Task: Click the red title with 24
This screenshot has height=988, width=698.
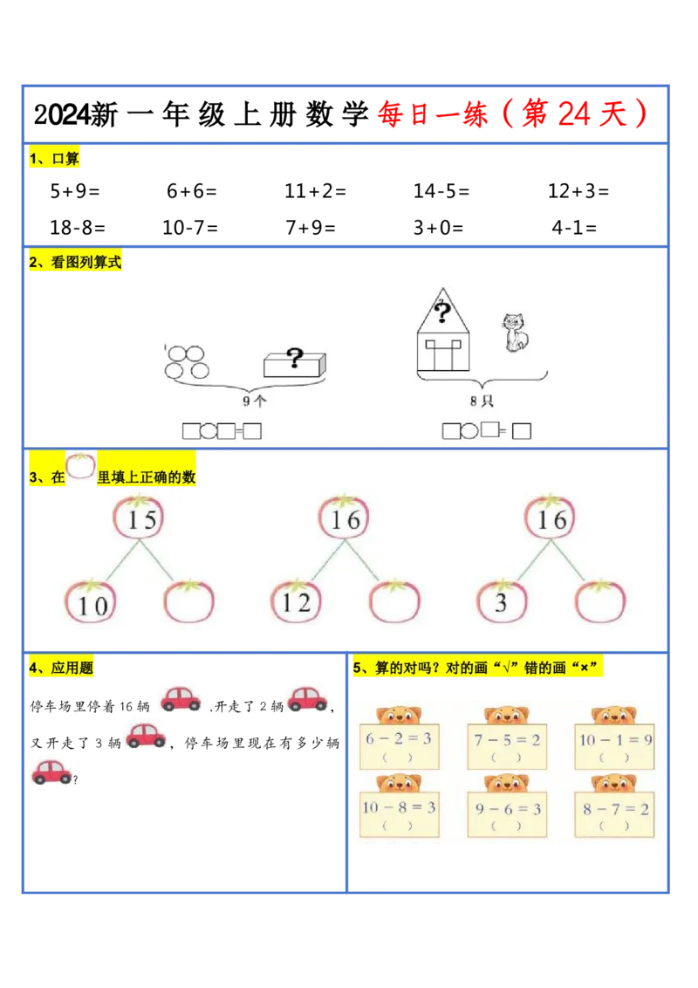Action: pos(513,114)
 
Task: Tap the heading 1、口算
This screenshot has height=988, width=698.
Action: pos(55,159)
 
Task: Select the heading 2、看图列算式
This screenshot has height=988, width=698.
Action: pos(76,262)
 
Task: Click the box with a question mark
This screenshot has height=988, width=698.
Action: pos(295,362)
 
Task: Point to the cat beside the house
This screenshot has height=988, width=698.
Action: pos(515,332)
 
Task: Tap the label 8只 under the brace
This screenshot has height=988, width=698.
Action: pos(482,401)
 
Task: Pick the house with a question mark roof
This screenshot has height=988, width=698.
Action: pos(443,332)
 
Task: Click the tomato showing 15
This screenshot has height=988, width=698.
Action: pos(140,518)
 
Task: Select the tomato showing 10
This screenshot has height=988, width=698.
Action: pos(91,602)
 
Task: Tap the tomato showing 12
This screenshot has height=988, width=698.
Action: pos(297,600)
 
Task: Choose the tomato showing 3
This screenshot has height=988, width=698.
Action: pos(503,600)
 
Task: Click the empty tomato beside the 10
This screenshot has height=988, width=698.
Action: pos(188,602)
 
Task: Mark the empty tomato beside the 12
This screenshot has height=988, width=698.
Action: pos(394,602)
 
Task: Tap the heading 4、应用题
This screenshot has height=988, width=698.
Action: pos(62,669)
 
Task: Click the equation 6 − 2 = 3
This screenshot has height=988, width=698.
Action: pos(399,738)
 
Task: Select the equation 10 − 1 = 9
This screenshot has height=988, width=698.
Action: pos(615,739)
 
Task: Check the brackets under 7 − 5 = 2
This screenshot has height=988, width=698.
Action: pos(507,758)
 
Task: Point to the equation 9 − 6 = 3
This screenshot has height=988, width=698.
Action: pos(508,808)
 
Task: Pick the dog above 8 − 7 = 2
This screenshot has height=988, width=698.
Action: pos(614,783)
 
